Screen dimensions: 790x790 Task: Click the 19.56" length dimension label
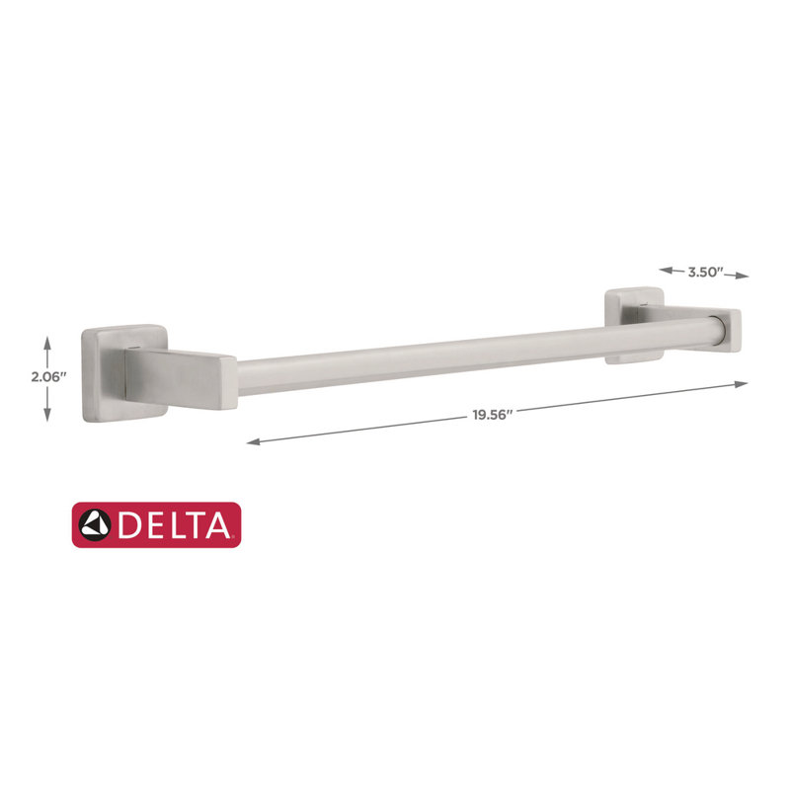click(x=492, y=415)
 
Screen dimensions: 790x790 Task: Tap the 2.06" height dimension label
click(x=48, y=377)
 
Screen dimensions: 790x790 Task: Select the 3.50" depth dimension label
click(x=705, y=273)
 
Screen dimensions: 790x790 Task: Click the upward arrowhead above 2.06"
click(x=47, y=343)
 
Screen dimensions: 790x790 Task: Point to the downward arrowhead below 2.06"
click(x=47, y=414)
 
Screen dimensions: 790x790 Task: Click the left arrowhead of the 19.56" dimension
click(x=254, y=441)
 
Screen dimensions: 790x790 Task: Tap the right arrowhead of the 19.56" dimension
click(x=741, y=384)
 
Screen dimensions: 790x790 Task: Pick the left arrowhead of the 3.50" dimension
click(x=666, y=271)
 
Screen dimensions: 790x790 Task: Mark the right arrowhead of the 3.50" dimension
click(x=742, y=276)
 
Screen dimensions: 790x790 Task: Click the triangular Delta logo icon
click(x=94, y=525)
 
